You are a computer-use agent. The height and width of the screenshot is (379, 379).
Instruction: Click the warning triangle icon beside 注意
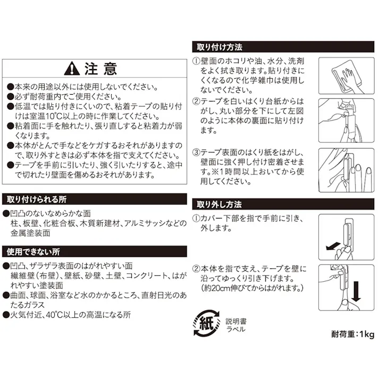tap(72, 69)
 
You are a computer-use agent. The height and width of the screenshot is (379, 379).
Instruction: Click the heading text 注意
tap(100, 69)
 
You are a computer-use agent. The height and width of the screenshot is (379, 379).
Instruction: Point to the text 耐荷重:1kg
tap(353, 334)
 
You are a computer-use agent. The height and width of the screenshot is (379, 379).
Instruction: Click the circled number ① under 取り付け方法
tap(196, 61)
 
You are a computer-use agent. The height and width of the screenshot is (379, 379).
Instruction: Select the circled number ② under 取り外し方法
tap(196, 269)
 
